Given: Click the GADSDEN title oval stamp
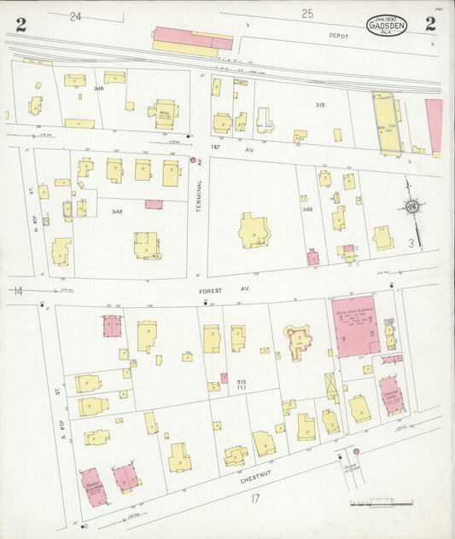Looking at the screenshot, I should [387, 25].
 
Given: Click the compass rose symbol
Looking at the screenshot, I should [412, 206].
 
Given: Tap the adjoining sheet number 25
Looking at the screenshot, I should [306, 13].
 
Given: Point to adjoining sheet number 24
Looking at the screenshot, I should [76, 15].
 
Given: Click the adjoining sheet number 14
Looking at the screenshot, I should [17, 292].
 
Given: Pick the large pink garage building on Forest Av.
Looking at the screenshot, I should [356, 327].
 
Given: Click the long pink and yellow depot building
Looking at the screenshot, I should [192, 41].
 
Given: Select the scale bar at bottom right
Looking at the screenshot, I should [382, 504].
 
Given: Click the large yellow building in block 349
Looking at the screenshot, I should [254, 230].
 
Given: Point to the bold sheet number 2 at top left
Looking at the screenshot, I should [20, 24].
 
